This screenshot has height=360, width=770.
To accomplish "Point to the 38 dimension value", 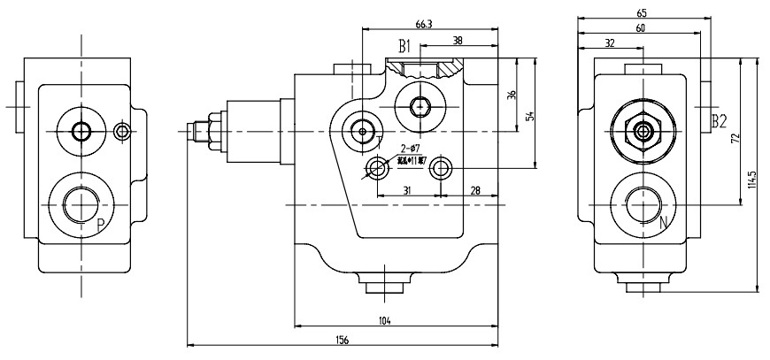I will click(x=457, y=41).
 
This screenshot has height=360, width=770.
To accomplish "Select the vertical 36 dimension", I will click(x=512, y=96).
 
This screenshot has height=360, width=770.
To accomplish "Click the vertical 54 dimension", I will click(x=530, y=116).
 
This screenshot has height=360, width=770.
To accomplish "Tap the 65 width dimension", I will click(x=641, y=12).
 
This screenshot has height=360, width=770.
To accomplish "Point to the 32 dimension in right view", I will click(x=610, y=43).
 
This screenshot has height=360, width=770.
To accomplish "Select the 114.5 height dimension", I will click(x=751, y=180).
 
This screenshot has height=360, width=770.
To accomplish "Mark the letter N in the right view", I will click(x=665, y=224).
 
